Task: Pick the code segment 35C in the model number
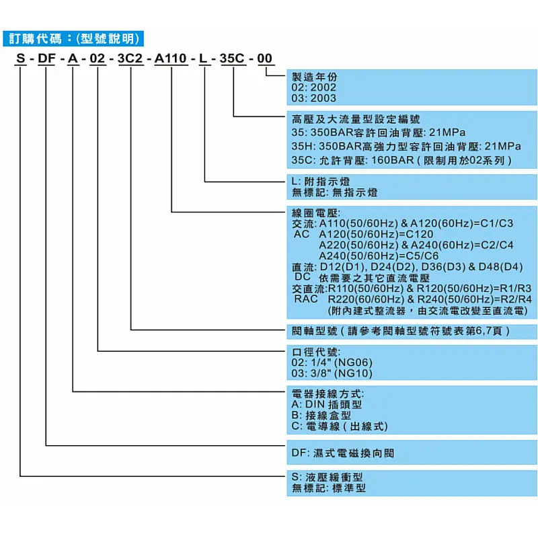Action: coord(233,59)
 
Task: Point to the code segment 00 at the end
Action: coord(266,59)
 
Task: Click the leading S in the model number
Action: coord(21,59)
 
